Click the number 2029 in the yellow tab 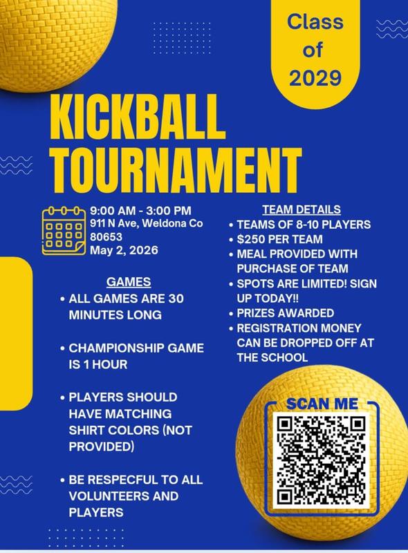315,78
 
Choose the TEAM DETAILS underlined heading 302,209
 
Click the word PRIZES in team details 258,312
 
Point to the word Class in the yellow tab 315,22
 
